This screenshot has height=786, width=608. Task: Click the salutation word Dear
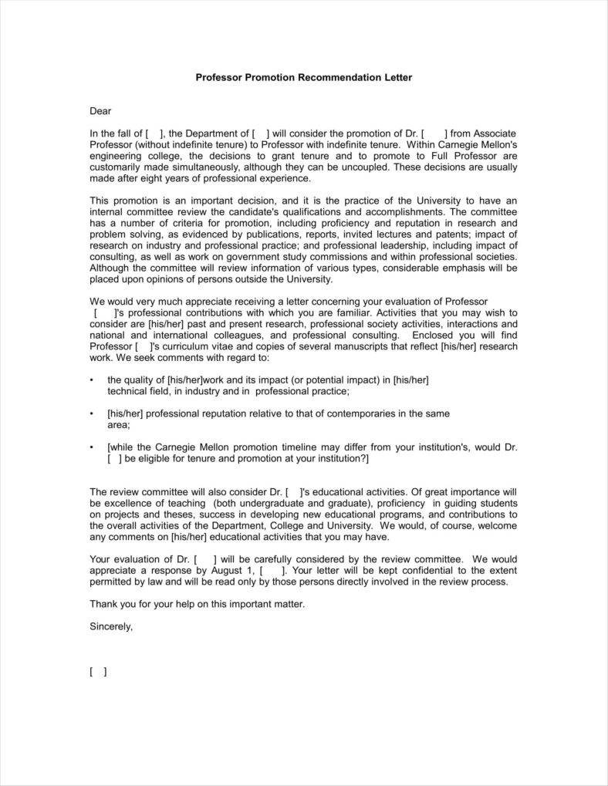(101, 111)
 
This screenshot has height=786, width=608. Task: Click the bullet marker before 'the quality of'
(93, 380)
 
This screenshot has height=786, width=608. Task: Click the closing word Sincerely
(111, 626)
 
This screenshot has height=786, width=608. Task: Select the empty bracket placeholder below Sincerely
(98, 672)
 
